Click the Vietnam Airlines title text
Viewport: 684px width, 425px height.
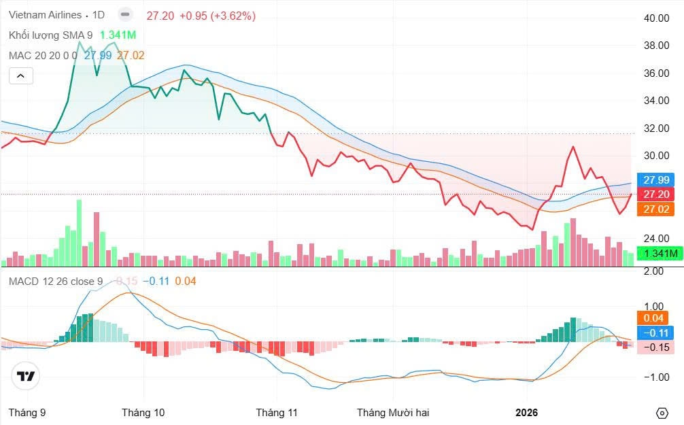(x=45, y=15)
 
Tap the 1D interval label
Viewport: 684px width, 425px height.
(x=98, y=15)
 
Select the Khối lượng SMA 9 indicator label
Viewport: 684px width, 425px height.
(x=50, y=35)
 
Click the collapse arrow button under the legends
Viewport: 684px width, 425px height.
(x=21, y=75)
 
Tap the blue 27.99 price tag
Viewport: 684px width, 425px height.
(x=657, y=180)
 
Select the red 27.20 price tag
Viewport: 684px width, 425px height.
(x=657, y=194)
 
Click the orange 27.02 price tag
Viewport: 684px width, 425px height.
(x=657, y=209)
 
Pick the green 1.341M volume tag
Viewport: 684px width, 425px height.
(x=661, y=254)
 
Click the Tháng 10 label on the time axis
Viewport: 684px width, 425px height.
(x=143, y=412)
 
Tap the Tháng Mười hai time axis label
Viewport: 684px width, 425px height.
(x=393, y=412)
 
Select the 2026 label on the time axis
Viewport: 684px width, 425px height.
(x=526, y=412)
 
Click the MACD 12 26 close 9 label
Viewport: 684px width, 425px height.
(x=56, y=281)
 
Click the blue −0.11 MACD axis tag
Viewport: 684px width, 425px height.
(x=657, y=333)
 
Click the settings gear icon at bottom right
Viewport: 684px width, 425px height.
(x=662, y=413)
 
